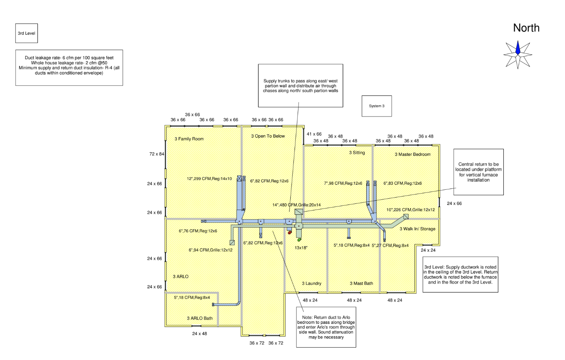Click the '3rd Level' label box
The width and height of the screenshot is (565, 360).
26,33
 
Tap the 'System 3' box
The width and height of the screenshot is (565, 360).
376,106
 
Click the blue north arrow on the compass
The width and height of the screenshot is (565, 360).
518,48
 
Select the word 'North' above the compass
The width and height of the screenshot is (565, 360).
526,28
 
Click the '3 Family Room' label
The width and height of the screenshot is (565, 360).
189,139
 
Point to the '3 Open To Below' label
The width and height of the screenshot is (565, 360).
268,136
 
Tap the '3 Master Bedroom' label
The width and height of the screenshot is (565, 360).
413,154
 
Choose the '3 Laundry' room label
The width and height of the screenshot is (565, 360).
311,283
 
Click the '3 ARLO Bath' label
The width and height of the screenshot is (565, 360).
200,318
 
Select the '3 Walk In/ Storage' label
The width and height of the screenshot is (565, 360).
417,229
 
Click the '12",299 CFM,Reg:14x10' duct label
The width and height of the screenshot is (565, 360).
209,178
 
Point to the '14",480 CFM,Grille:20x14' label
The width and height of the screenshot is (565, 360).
297,205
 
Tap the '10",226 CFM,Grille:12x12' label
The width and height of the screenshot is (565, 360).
411,210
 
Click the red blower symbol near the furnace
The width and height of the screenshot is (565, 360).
290,233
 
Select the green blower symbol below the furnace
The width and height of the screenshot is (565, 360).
299,239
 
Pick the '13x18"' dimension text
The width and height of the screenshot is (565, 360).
301,248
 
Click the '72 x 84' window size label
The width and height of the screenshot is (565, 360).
157,154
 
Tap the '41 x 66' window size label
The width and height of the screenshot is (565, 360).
314,134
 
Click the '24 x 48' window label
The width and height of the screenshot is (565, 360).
200,334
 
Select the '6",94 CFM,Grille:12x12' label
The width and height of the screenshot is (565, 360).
211,250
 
